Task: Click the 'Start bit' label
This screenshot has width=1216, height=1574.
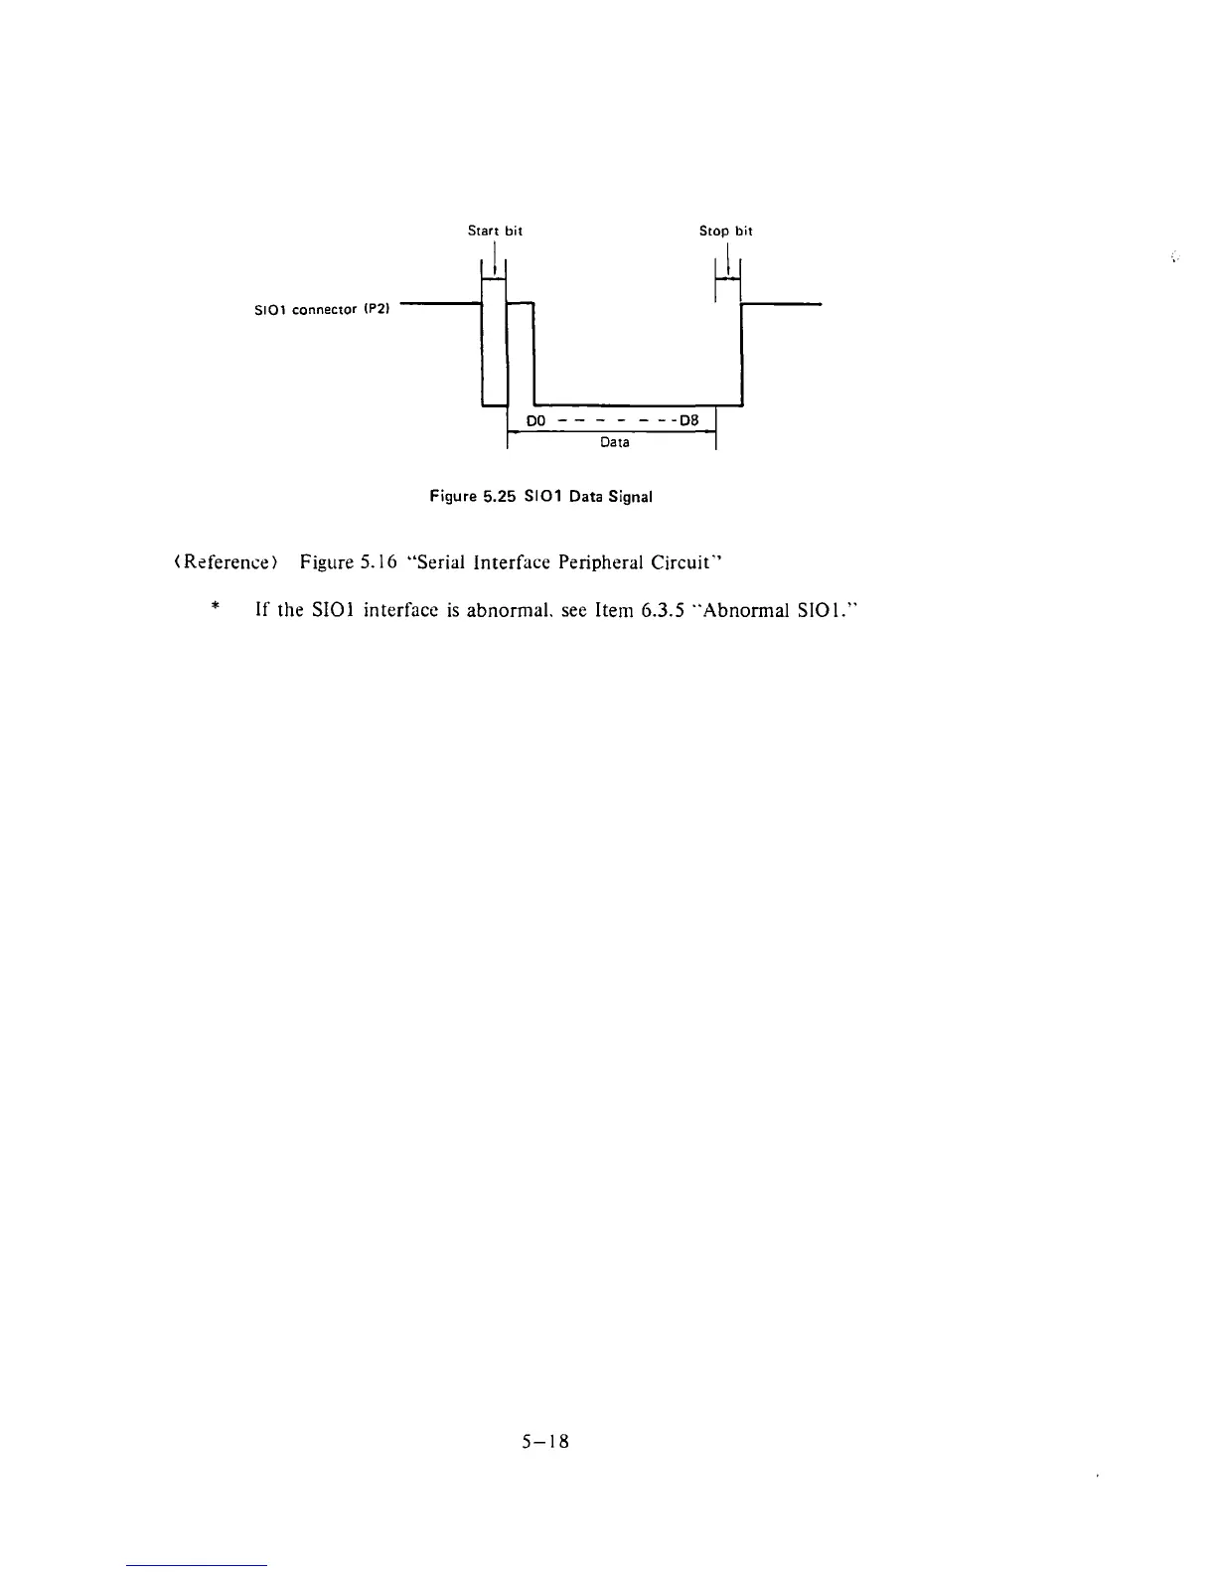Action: click(x=495, y=231)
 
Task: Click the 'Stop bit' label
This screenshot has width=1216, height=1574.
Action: click(x=725, y=231)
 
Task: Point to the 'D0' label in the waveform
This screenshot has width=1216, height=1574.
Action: click(x=536, y=420)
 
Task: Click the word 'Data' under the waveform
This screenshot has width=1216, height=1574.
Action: click(x=614, y=442)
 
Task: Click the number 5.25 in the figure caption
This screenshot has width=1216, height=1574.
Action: click(x=498, y=496)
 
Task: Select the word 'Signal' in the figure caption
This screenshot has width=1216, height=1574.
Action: click(x=629, y=496)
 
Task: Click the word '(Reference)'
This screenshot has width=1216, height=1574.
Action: click(x=217, y=563)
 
